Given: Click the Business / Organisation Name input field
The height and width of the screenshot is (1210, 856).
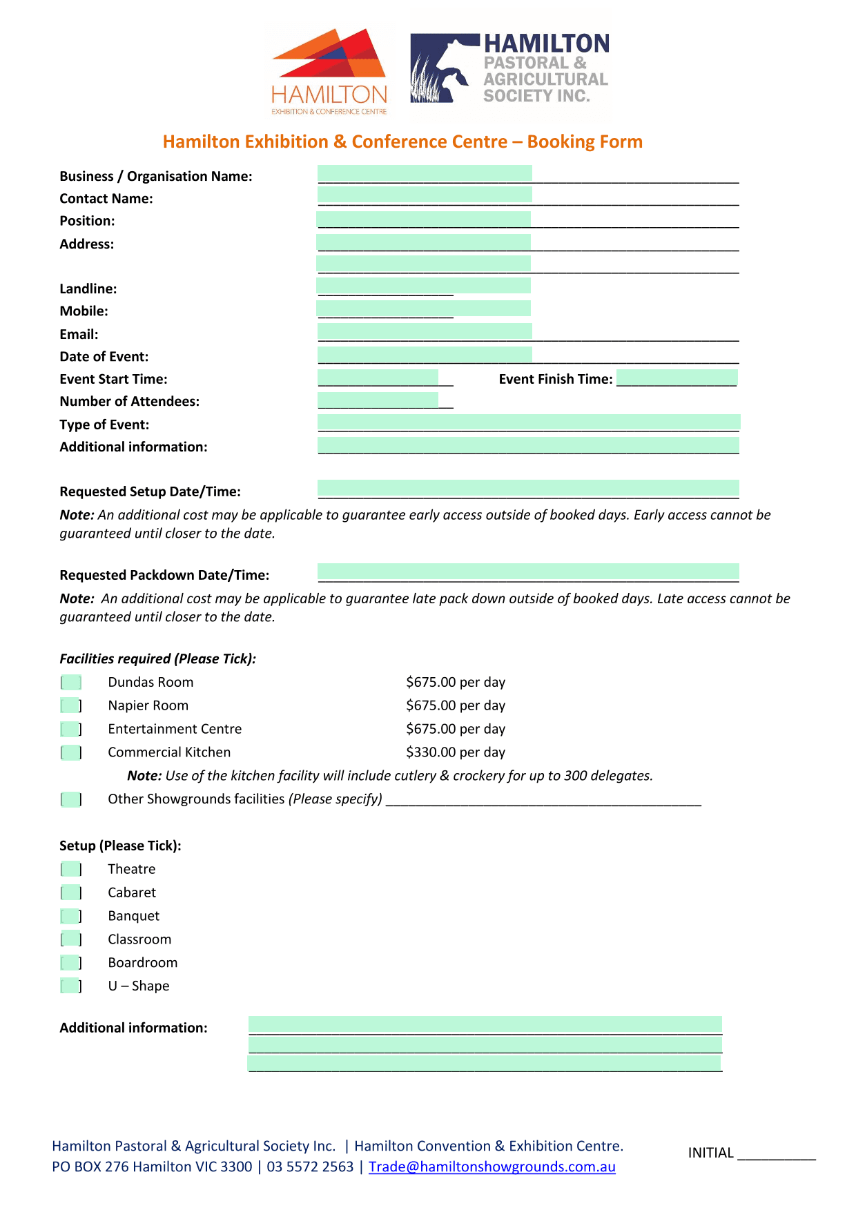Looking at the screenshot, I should [x=425, y=173].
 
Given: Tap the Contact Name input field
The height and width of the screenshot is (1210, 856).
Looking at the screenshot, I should [x=425, y=195].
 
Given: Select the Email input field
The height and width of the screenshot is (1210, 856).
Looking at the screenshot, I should [x=425, y=331].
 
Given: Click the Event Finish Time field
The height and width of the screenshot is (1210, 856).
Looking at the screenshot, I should [x=677, y=378].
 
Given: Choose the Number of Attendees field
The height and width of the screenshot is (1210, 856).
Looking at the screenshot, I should [x=378, y=400].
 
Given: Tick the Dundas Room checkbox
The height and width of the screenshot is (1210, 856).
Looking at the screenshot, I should [x=71, y=683].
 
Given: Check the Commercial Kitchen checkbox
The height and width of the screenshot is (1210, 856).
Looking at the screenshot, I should [x=71, y=752].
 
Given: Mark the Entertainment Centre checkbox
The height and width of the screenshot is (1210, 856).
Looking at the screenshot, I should [x=71, y=729].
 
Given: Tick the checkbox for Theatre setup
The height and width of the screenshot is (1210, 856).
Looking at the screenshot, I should [x=71, y=869].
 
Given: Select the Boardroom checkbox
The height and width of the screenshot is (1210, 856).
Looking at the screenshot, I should [x=71, y=963].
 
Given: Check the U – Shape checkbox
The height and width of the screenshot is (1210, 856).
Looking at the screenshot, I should [x=71, y=986].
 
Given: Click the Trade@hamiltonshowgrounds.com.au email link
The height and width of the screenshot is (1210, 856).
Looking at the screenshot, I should [x=492, y=1167].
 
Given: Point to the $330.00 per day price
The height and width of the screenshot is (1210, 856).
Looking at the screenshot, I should [x=456, y=752].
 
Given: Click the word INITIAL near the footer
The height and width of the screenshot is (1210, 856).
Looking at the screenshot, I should [x=710, y=1153].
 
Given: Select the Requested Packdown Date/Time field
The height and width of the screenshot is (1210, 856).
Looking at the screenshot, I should [x=528, y=572].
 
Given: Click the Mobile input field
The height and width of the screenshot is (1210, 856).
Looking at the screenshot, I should [x=423, y=308].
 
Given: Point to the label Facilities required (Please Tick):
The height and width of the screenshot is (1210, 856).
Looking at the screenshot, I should [x=157, y=659].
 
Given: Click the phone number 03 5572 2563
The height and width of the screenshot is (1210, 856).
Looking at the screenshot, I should [x=310, y=1167].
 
